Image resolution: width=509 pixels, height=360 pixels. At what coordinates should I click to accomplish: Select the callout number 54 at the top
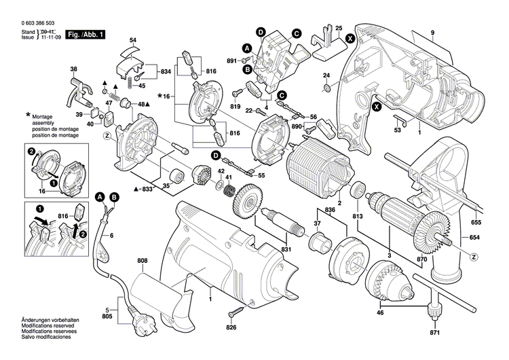pyautogui.click(x=133, y=41)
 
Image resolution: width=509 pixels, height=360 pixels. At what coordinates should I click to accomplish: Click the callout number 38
pyautogui.click(x=74, y=69)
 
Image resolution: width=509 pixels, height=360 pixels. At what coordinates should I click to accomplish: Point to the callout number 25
pyautogui.click(x=338, y=28)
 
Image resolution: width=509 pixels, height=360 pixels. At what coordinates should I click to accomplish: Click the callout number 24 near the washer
pyautogui.click(x=326, y=75)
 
